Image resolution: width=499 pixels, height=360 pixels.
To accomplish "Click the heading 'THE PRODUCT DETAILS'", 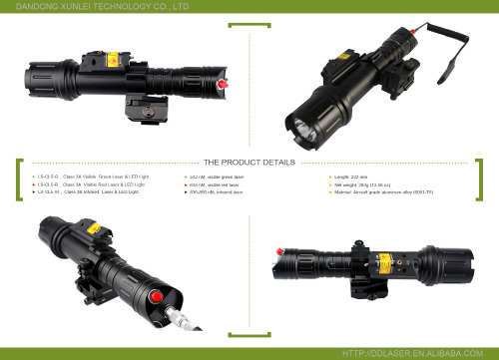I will (x=249, y=162).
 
